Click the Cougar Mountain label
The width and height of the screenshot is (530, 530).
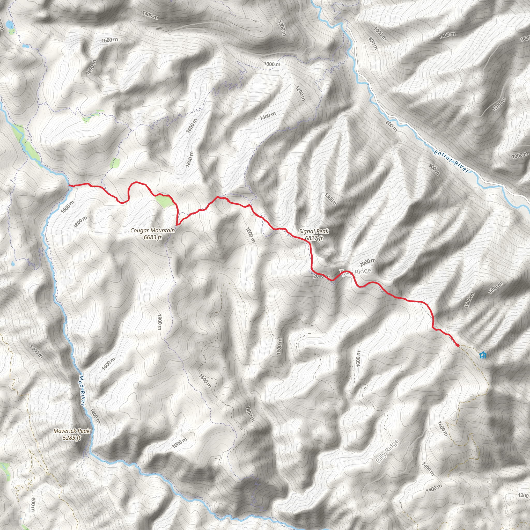pyautogui.click(x=152, y=230)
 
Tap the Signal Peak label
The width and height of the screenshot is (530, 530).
pyautogui.click(x=314, y=231)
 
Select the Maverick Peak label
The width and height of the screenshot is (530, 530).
pyautogui.click(x=72, y=431)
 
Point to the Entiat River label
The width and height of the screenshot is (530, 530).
pyautogui.click(x=452, y=161)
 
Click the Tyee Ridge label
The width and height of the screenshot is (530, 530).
pyautogui.click(x=356, y=272)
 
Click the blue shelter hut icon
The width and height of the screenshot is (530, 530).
pyautogui.click(x=483, y=355)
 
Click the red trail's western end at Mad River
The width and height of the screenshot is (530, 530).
pyautogui.click(x=70, y=186)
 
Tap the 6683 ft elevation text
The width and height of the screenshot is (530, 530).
pyautogui.click(x=152, y=237)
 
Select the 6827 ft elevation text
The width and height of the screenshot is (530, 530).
pyautogui.click(x=314, y=238)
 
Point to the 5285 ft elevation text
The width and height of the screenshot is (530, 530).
pyautogui.click(x=72, y=438)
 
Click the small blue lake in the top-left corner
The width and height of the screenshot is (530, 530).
pyautogui.click(x=10, y=25)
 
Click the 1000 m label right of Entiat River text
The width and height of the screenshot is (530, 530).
pyautogui.click(x=520, y=155)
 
